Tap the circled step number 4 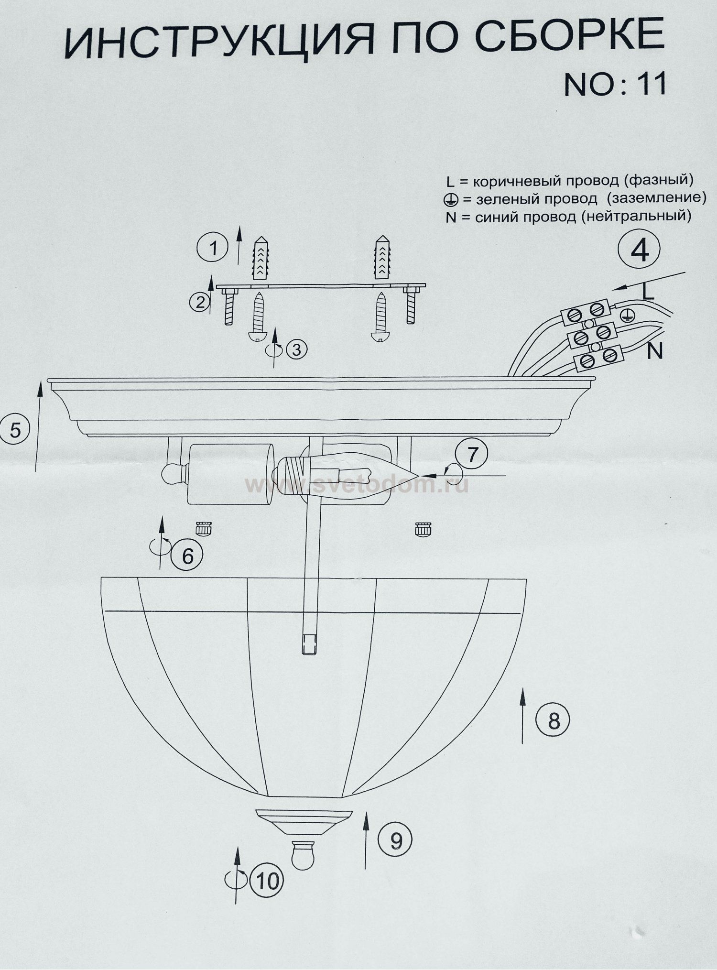(x=639, y=250)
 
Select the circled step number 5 (x=15, y=430)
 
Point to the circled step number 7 (x=472, y=454)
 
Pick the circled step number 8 (x=553, y=720)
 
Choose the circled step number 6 (x=187, y=556)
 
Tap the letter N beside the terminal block (x=655, y=352)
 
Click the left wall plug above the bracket (x=261, y=259)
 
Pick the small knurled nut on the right (x=423, y=529)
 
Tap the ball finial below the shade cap (x=303, y=855)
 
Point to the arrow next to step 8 (x=522, y=716)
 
